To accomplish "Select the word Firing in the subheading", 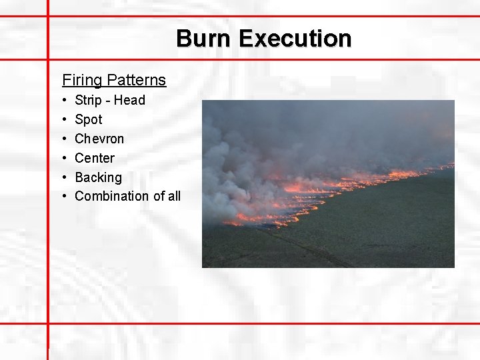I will (82, 81).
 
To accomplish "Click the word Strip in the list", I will (88, 101).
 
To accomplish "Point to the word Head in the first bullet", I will (130, 101).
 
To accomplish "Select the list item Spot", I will (89, 120).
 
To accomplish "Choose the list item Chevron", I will (99, 139).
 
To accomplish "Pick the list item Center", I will (95, 158).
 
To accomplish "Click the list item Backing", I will (99, 177).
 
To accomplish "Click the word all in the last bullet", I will (173, 196).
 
